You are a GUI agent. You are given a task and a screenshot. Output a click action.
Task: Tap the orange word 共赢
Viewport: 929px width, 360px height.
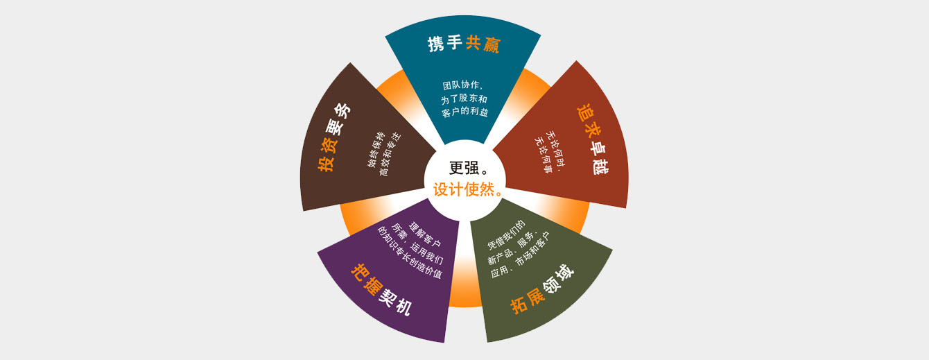(x=483, y=44)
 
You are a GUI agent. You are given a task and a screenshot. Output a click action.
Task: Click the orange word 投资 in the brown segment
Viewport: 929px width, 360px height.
(x=327, y=155)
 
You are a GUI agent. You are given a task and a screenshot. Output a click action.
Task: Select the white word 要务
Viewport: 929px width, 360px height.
(x=338, y=119)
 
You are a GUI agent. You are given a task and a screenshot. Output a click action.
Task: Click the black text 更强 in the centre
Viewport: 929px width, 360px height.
(x=464, y=168)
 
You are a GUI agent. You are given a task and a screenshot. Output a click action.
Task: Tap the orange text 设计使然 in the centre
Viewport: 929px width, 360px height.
(x=464, y=189)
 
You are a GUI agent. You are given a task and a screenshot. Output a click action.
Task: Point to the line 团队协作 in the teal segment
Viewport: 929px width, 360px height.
(x=460, y=85)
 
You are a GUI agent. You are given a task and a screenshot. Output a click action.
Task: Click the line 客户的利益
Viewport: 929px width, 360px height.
(x=465, y=112)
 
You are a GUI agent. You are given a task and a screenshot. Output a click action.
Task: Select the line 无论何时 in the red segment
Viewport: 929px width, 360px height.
(x=556, y=149)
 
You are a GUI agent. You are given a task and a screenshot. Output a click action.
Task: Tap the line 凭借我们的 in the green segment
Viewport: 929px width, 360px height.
(x=506, y=234)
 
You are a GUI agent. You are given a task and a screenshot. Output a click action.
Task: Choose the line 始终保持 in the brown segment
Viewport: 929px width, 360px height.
(x=376, y=150)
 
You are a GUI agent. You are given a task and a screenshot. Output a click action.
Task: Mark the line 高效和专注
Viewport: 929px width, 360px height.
(x=390, y=154)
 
